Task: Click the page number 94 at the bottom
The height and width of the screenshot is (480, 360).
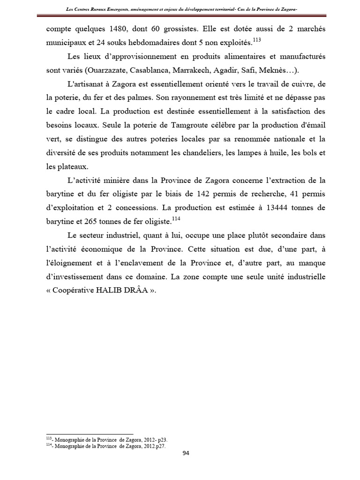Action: coord(186,453)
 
